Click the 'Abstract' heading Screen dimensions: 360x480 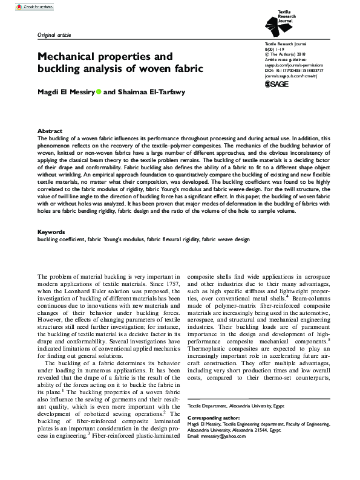50,131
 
